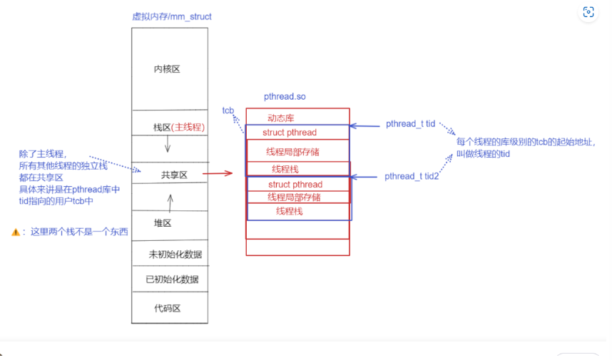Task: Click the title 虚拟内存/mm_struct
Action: click(x=172, y=16)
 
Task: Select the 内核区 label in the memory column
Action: click(x=168, y=69)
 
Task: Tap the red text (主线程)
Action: click(x=189, y=128)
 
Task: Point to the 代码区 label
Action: click(x=168, y=309)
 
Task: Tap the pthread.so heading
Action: click(x=285, y=96)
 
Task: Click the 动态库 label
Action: click(x=281, y=117)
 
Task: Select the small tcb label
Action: click(x=228, y=110)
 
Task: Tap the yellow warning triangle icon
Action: click(x=15, y=232)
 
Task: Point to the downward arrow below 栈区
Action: click(x=168, y=145)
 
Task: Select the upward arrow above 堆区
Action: click(x=170, y=203)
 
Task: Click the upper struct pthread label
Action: click(x=290, y=133)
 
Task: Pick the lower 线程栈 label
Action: click(x=290, y=212)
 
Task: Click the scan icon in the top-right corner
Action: click(x=588, y=12)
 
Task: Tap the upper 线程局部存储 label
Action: click(x=293, y=152)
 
